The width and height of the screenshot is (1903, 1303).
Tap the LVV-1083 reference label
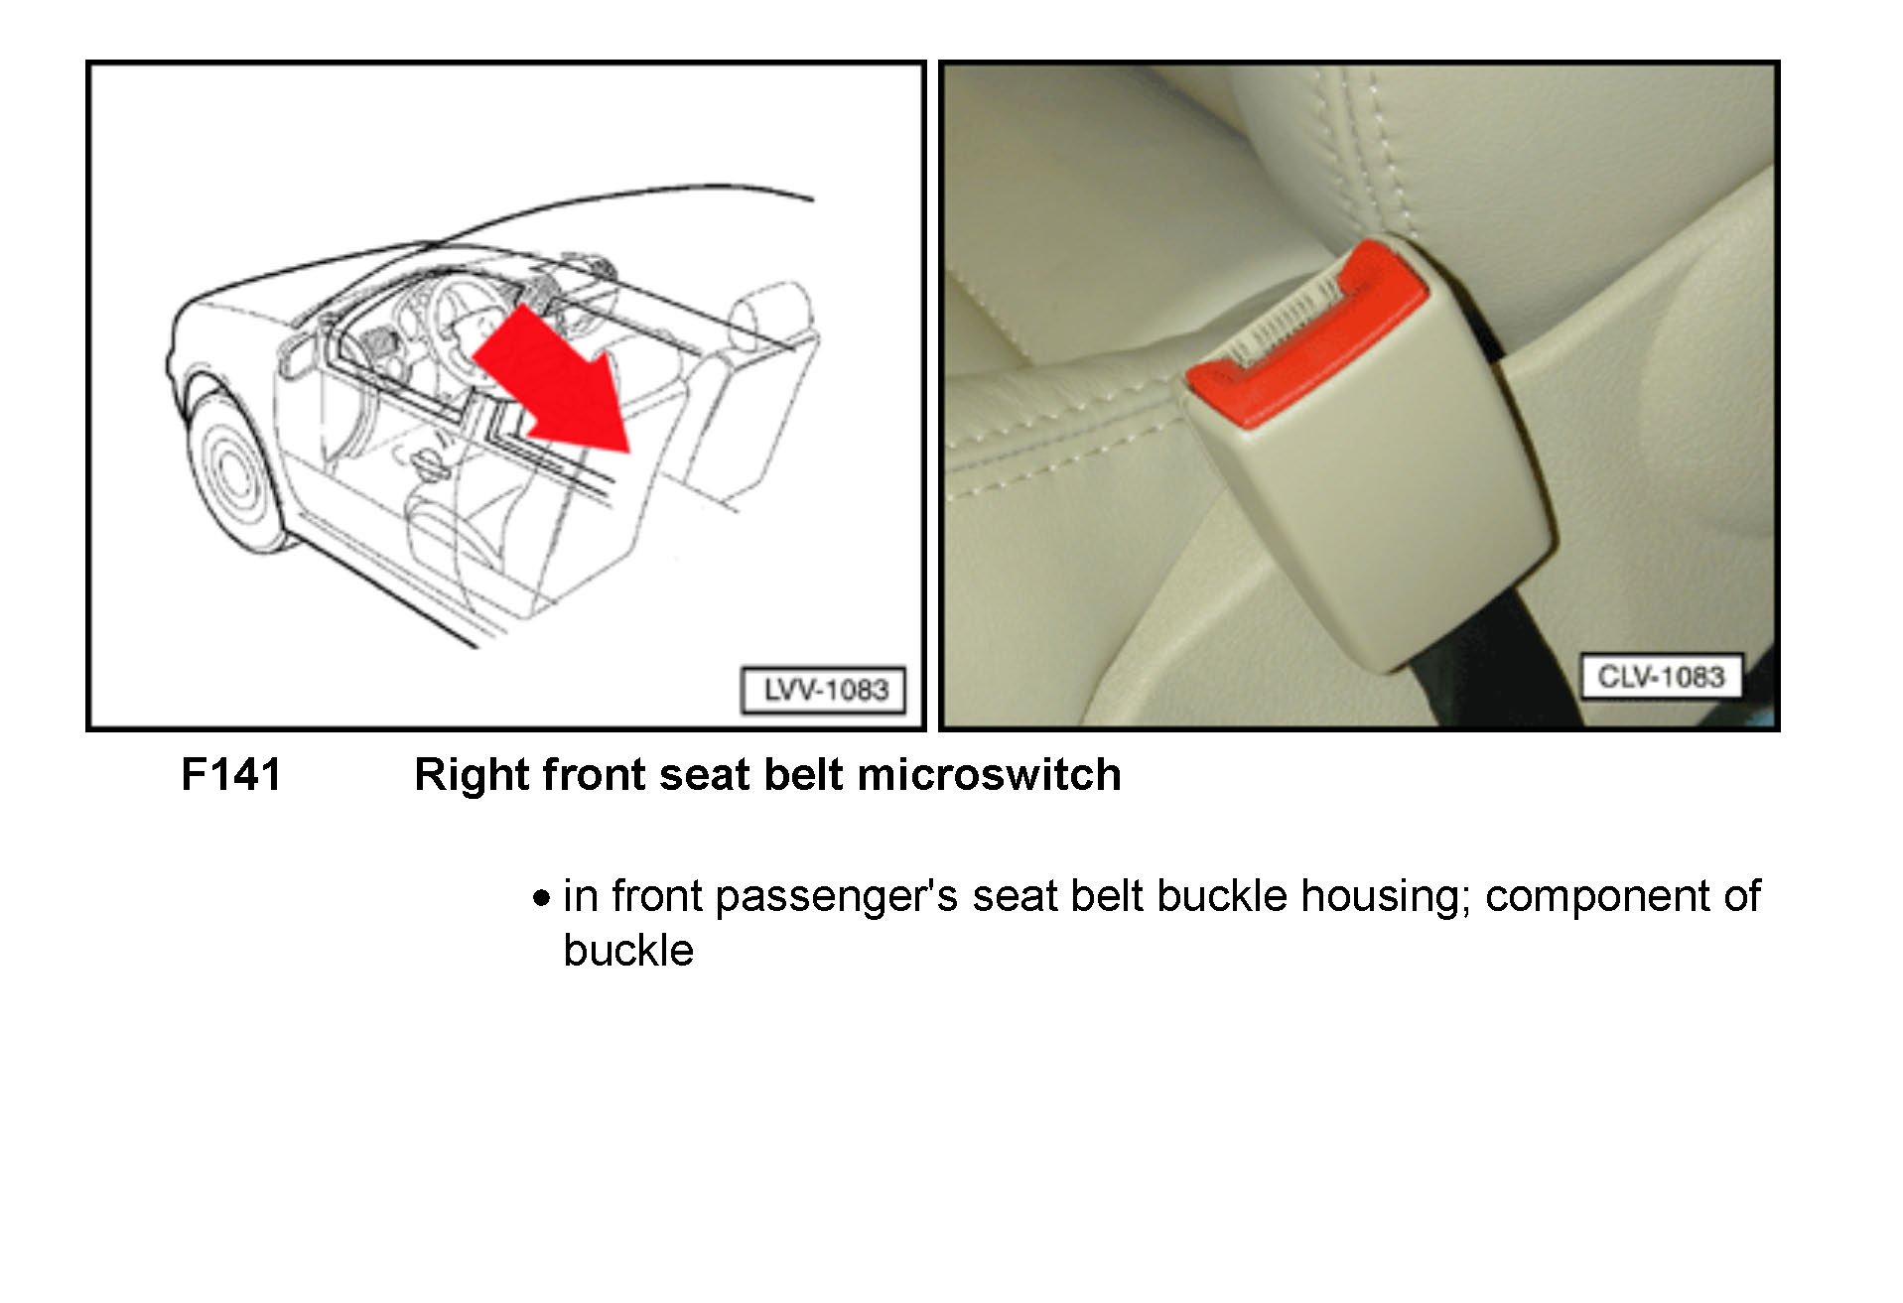click(824, 690)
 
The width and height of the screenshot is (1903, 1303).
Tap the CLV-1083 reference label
click(1661, 676)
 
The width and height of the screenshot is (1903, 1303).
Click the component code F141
click(231, 774)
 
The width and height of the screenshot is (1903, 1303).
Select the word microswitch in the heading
click(989, 774)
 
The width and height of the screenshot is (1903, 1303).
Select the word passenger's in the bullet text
click(836, 897)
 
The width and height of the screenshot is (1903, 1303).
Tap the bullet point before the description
click(540, 899)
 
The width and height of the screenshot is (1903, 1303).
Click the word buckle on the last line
click(627, 951)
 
